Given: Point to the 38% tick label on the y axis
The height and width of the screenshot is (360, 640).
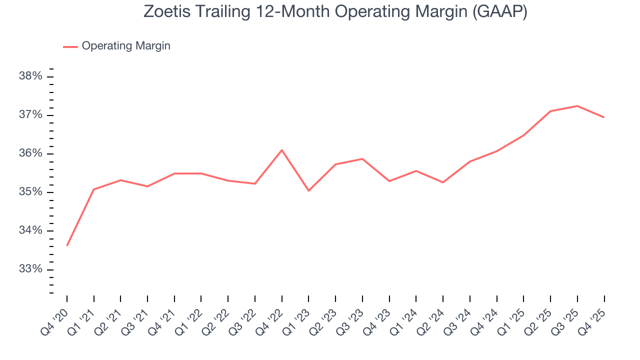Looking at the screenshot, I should [30, 76].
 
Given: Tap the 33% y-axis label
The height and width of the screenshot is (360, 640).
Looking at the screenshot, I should [30, 269].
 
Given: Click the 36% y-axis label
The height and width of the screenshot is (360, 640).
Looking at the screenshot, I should [30, 153].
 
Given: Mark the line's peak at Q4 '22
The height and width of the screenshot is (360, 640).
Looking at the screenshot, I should [282, 150].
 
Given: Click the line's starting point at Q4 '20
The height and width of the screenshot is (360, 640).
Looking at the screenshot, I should [67, 245].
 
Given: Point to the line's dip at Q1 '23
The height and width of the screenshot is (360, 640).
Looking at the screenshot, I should [308, 190].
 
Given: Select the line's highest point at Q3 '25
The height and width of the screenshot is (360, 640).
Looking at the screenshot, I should [577, 106].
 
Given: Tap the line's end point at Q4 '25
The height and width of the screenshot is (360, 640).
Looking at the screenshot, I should [604, 117].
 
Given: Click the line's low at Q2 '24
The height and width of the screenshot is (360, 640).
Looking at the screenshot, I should [443, 182].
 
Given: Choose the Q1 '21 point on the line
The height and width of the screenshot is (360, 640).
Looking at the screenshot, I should [94, 189].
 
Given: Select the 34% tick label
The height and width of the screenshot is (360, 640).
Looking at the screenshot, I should [30, 230].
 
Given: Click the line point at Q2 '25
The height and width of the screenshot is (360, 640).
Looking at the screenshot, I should [550, 111].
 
